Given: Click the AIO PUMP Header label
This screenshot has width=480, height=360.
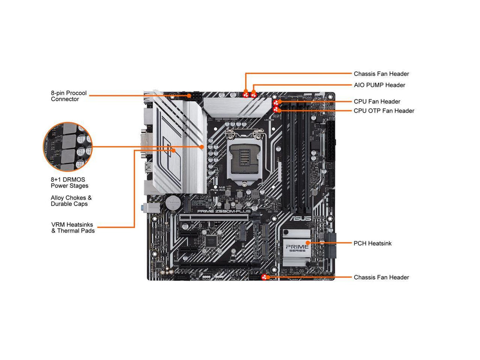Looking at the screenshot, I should click(x=379, y=85).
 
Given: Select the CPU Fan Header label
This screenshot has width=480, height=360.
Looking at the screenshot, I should click(x=377, y=102).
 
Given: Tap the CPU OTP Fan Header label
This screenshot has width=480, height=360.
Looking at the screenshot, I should click(x=384, y=111).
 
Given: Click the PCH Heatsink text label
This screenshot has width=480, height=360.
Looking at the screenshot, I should click(x=373, y=244).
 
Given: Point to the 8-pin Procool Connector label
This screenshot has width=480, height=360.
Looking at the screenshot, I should click(x=69, y=96).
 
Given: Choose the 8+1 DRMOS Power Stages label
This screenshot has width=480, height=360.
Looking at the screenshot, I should click(x=69, y=183).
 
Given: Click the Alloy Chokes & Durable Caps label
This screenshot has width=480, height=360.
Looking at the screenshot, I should click(x=71, y=201).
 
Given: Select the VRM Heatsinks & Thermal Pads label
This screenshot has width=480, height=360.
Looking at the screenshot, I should click(x=73, y=227).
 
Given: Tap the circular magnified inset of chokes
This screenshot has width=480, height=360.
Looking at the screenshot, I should click(x=68, y=147).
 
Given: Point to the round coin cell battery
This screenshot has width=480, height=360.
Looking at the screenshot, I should click(x=172, y=202).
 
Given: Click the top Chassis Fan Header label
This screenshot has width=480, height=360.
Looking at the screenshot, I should click(x=381, y=74).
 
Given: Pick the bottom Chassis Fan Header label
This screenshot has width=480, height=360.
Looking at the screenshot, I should click(x=381, y=277).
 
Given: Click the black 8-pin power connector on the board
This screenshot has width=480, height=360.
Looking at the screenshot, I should click(x=193, y=95).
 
